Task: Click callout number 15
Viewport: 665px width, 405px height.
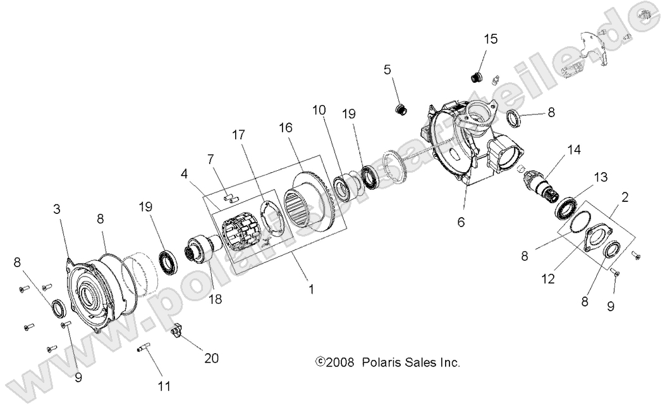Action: [491, 39]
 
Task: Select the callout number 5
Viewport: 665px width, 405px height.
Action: [387, 70]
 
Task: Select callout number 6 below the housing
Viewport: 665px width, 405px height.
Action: [461, 221]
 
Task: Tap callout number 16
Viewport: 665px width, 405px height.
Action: [285, 127]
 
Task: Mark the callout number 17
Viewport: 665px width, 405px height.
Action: [238, 135]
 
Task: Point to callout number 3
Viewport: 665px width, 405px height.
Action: [58, 209]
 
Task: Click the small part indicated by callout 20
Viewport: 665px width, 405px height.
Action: [178, 330]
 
